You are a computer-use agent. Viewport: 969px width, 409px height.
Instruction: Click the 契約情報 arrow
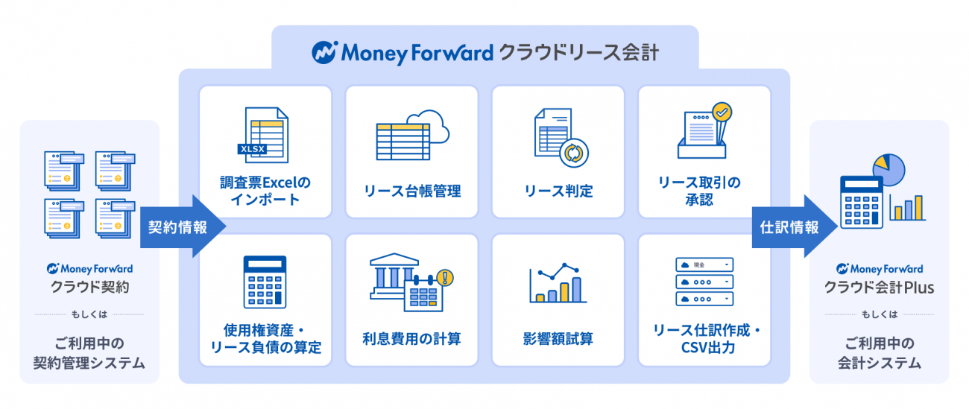point(182,226)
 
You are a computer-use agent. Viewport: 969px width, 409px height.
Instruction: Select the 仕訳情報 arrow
point(795,226)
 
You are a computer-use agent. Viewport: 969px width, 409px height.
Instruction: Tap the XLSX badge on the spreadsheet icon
point(252,149)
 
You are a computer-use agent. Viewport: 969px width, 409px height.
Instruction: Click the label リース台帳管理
point(412,191)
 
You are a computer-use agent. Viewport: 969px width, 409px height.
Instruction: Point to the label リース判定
point(558,191)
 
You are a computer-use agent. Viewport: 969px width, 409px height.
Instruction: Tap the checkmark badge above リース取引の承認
point(722,112)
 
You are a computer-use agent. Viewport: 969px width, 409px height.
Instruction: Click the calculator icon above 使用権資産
point(265,282)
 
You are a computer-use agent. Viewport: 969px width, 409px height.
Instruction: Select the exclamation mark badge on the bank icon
point(445,278)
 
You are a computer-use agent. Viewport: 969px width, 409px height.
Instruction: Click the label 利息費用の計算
point(411,338)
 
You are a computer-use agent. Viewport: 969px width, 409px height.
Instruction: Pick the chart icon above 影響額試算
point(558,282)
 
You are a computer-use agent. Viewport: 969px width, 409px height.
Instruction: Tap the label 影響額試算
point(558,338)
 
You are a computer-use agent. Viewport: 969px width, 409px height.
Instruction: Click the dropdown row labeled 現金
point(704,264)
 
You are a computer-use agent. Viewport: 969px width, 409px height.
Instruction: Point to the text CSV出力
point(708,347)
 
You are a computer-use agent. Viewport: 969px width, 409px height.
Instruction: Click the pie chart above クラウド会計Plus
point(888,170)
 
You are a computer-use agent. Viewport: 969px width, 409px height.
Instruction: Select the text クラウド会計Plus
point(879,288)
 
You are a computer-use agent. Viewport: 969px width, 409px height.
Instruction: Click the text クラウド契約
point(90,287)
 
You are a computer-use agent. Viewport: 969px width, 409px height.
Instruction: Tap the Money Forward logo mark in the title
point(324,53)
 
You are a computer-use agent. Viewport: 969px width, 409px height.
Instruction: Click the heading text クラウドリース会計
point(579,53)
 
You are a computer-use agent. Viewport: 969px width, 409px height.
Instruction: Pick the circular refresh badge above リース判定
point(574,153)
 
